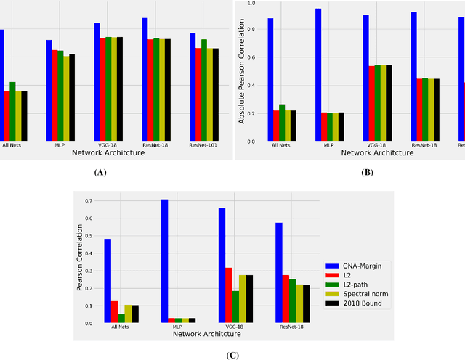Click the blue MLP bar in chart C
coord(164,261)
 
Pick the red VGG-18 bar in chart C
coord(229,295)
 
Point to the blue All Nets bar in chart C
coord(108,280)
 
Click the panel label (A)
coord(100,173)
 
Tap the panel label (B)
coord(368,173)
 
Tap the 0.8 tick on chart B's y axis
coord(251,30)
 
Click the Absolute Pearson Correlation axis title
coord(241,71)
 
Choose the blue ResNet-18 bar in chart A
coord(145,79)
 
